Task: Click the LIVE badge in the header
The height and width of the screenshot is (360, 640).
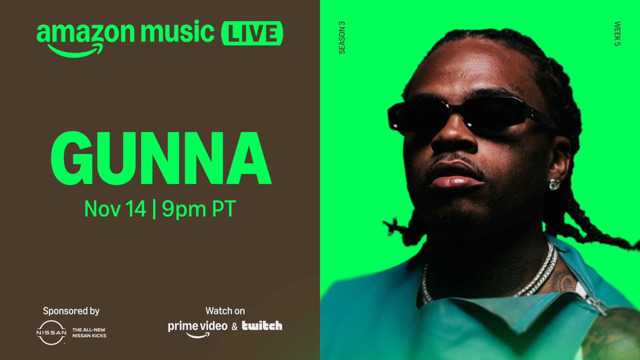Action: [252, 33]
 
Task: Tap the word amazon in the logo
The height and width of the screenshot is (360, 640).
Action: [86, 33]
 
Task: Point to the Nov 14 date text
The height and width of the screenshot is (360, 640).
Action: [115, 209]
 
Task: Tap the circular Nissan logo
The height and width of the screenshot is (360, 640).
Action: [51, 333]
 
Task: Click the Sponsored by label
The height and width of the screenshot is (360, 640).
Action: [71, 311]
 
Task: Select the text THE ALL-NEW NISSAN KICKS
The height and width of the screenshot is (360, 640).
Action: [89, 333]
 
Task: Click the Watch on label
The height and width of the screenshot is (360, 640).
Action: [225, 311]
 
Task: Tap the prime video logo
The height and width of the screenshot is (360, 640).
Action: [198, 329]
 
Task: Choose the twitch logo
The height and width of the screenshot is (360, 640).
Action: [262, 326]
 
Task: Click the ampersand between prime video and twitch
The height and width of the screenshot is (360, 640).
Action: [234, 326]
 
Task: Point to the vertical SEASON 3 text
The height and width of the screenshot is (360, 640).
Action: [342, 38]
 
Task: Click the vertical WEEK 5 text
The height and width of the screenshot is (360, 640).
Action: [617, 34]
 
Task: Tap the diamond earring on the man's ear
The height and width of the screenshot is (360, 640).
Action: [554, 184]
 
